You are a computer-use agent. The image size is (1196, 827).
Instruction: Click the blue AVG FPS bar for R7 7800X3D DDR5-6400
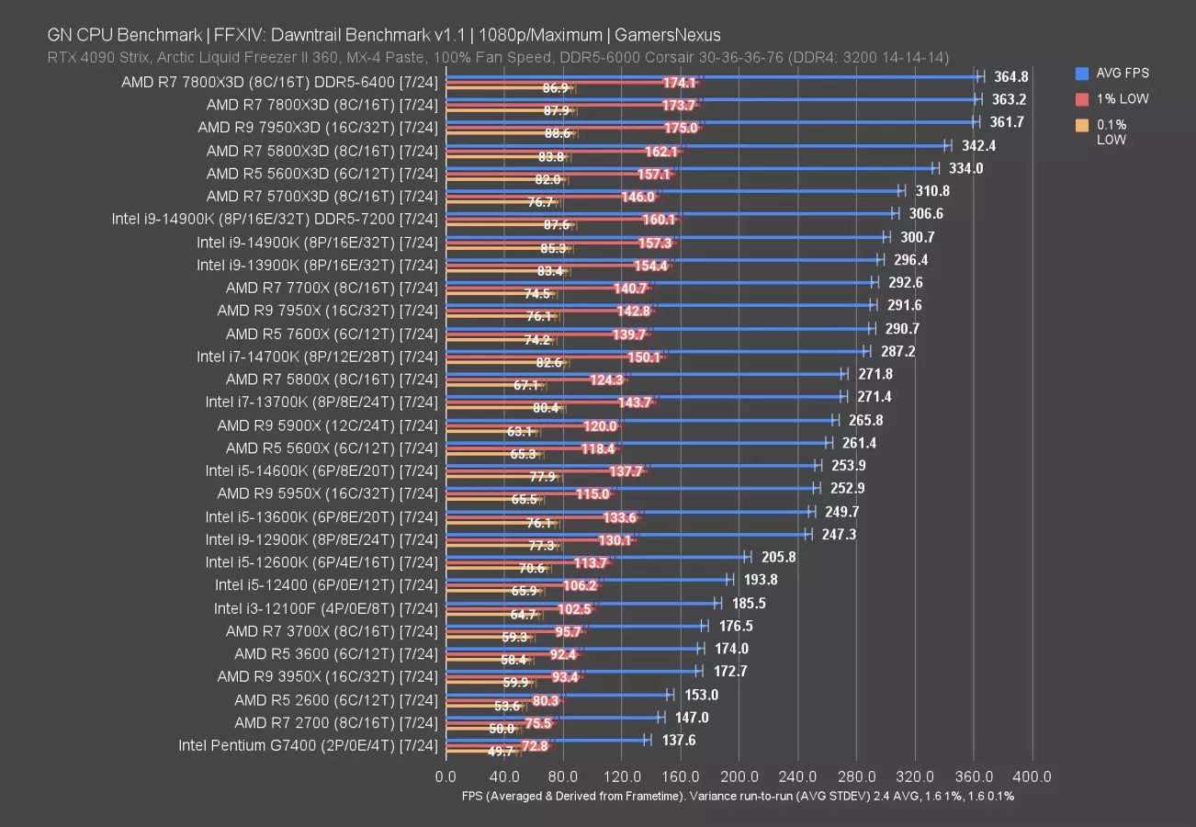coord(712,76)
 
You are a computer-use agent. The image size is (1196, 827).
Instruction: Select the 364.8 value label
coord(1009,76)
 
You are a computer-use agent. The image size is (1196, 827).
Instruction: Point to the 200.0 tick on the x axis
coord(739,777)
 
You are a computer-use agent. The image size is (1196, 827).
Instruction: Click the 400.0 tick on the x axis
coord(1032,777)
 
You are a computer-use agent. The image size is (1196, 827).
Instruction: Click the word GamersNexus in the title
coord(668,35)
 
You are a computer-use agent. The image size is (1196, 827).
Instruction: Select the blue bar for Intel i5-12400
coord(588,579)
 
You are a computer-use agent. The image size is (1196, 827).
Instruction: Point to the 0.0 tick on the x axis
coord(446,777)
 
